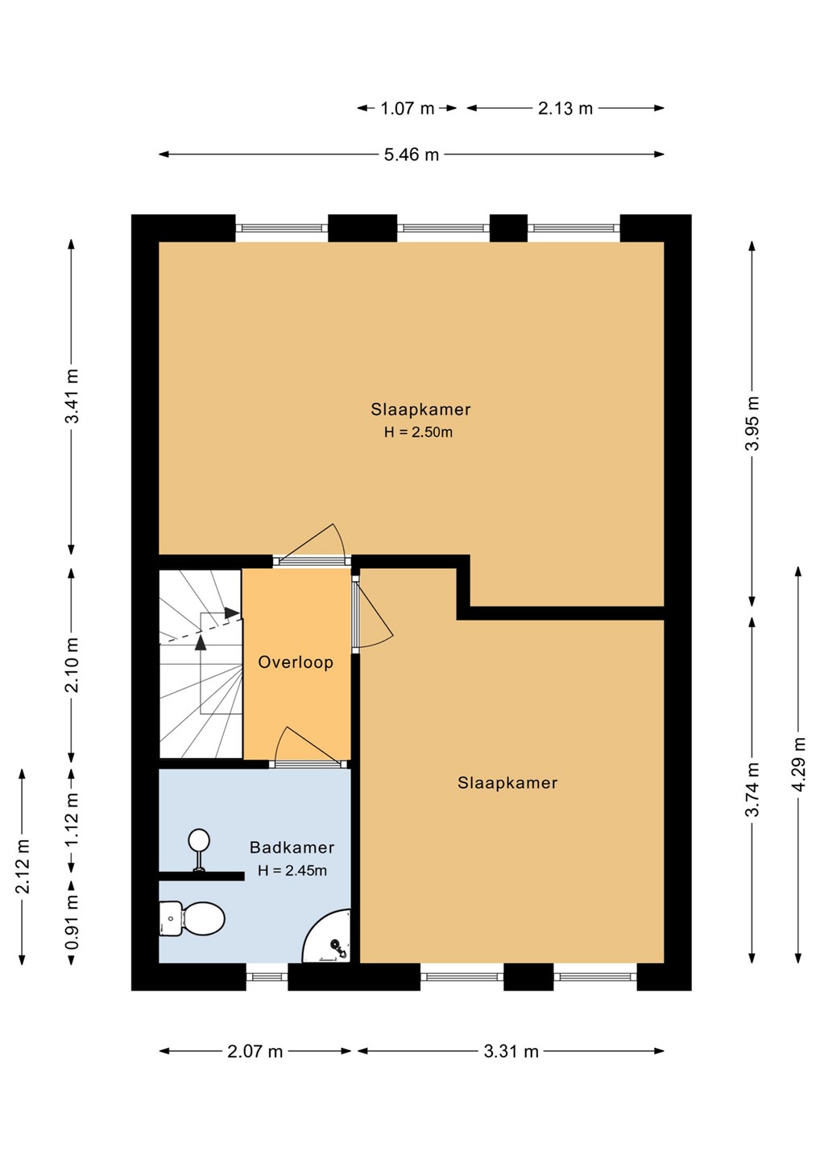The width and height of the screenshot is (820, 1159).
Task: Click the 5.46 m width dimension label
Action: pos(411,155)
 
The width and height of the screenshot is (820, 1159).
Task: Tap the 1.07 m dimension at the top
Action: pos(408,108)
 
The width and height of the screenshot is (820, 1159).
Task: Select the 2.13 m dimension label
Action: pos(565,108)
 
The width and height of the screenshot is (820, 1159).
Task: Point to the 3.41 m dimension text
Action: pos(72,396)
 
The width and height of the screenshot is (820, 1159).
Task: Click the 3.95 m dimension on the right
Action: pos(752,423)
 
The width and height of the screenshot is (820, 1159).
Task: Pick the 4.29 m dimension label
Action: pos(799,764)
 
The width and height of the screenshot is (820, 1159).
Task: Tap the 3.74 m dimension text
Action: pos(752,789)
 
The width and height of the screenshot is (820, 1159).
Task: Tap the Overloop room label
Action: pos(296,662)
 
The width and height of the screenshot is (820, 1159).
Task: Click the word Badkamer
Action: pos(292,847)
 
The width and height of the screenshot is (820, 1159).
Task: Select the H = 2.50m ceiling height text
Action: pos(418,432)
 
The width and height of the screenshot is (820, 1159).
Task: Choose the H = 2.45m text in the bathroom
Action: pos(292,870)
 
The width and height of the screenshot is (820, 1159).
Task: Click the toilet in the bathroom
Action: pos(192,919)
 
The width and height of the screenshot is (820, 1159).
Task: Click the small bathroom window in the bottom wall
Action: pos(267,977)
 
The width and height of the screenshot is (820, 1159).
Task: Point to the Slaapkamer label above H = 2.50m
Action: pos(420,409)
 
